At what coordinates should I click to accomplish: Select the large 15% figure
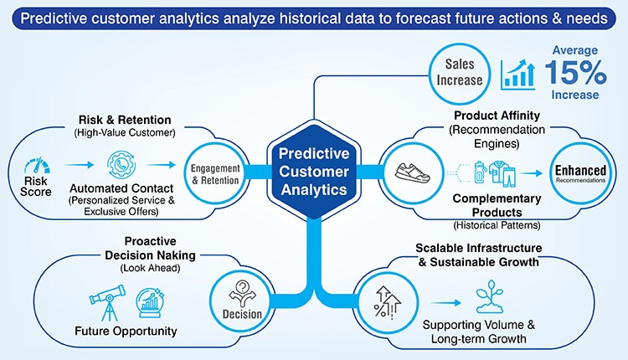[x=575, y=73]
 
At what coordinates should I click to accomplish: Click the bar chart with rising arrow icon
[x=518, y=75]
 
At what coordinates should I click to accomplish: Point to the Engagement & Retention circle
[x=221, y=173]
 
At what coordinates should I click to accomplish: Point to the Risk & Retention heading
[x=126, y=119]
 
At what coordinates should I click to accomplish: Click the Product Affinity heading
[x=499, y=115]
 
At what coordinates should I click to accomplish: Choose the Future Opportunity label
[x=126, y=331]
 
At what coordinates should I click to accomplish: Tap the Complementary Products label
[x=497, y=206]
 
